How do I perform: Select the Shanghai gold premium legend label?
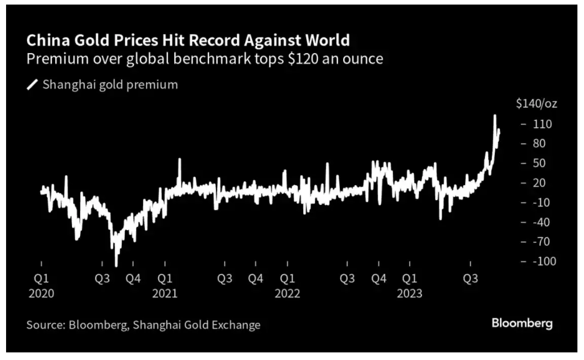110,85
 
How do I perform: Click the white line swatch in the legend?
32,85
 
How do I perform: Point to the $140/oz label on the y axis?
536,104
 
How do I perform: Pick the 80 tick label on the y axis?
539,143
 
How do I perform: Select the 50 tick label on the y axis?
539,163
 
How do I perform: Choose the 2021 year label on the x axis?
164,294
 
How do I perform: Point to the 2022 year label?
287,294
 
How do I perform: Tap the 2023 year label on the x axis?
410,294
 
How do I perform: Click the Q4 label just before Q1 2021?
133,279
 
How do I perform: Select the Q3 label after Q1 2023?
471,279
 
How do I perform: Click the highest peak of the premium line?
495,116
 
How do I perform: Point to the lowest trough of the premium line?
116,265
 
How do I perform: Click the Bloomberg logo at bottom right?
522,323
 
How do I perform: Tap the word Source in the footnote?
43,325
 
